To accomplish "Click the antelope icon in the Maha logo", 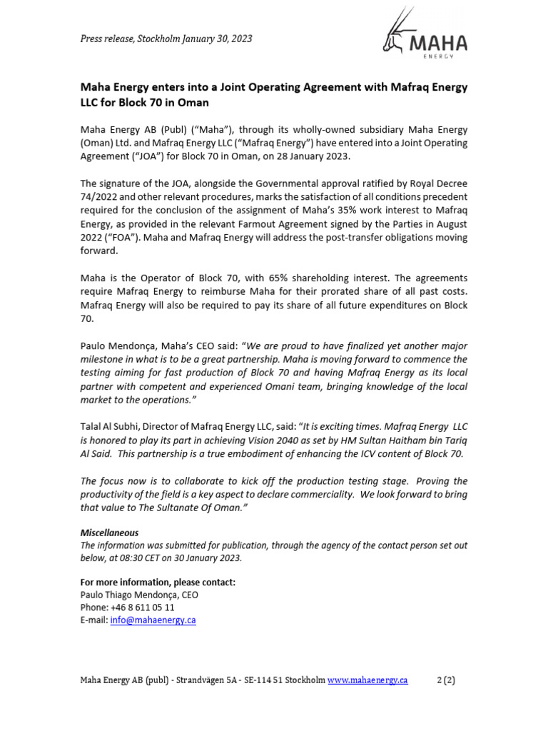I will pos(395,34).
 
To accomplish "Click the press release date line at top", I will pos(166,39).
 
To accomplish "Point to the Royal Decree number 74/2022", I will pos(101,196).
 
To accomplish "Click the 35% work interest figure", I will pos(370,210).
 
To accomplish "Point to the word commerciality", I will pos(376,495).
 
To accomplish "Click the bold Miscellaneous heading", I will pos(109,533).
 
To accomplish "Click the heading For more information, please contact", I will pos(158,582).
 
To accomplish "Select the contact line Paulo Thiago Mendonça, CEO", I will pos(139,595).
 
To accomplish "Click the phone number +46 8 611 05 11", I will pos(143,608).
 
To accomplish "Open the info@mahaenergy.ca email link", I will pos(153,620).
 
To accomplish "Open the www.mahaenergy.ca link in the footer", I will pos(367,680).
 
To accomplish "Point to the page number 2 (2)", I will pos(445,680).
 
